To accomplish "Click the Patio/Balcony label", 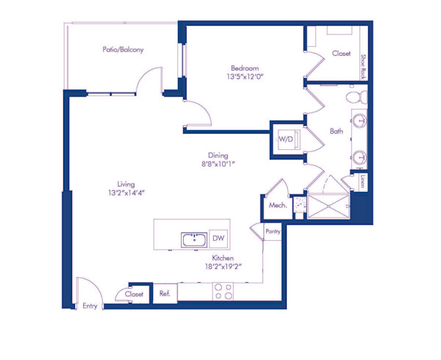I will (x=123, y=50).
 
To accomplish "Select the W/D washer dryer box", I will (x=285, y=138).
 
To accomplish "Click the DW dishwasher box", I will (x=218, y=238).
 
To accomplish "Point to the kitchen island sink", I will (x=194, y=239).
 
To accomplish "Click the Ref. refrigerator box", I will (x=165, y=293).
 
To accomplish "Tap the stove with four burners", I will (x=223, y=291).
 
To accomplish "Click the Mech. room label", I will (x=277, y=206).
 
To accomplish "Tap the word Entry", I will (x=90, y=305).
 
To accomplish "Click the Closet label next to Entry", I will (x=134, y=293).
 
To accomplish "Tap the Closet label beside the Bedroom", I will (x=341, y=54).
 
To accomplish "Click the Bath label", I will (x=336, y=132).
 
